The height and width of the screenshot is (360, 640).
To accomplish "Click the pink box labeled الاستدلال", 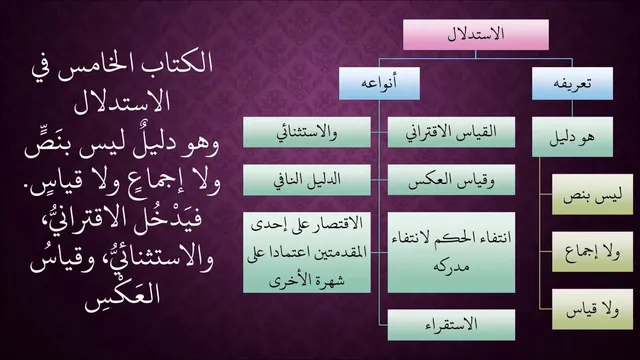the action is (476, 35).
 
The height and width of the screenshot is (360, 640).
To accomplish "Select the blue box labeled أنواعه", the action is (379, 83).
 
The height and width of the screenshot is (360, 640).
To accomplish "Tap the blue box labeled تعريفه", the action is (572, 83).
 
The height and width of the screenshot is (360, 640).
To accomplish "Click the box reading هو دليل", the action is (572, 137).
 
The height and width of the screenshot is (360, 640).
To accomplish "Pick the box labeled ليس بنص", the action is (592, 194).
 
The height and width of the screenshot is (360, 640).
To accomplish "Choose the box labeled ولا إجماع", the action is (592, 252).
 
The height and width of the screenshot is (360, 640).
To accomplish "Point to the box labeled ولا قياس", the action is (592, 309).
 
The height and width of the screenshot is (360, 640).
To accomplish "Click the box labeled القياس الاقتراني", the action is (451, 132).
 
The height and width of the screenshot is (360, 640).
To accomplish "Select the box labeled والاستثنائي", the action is (307, 132).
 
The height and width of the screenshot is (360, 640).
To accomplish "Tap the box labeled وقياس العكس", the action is (451, 180).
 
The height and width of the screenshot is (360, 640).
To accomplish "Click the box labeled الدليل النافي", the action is (307, 180).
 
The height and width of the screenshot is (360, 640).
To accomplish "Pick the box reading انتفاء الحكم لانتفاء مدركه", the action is (451, 252).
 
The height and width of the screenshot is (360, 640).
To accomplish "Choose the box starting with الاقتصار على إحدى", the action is (307, 252).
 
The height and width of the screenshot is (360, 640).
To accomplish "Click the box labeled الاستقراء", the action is (451, 325).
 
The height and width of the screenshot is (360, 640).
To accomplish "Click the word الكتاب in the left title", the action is (175, 64).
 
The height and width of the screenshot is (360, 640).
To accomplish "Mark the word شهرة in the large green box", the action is (329, 280).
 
